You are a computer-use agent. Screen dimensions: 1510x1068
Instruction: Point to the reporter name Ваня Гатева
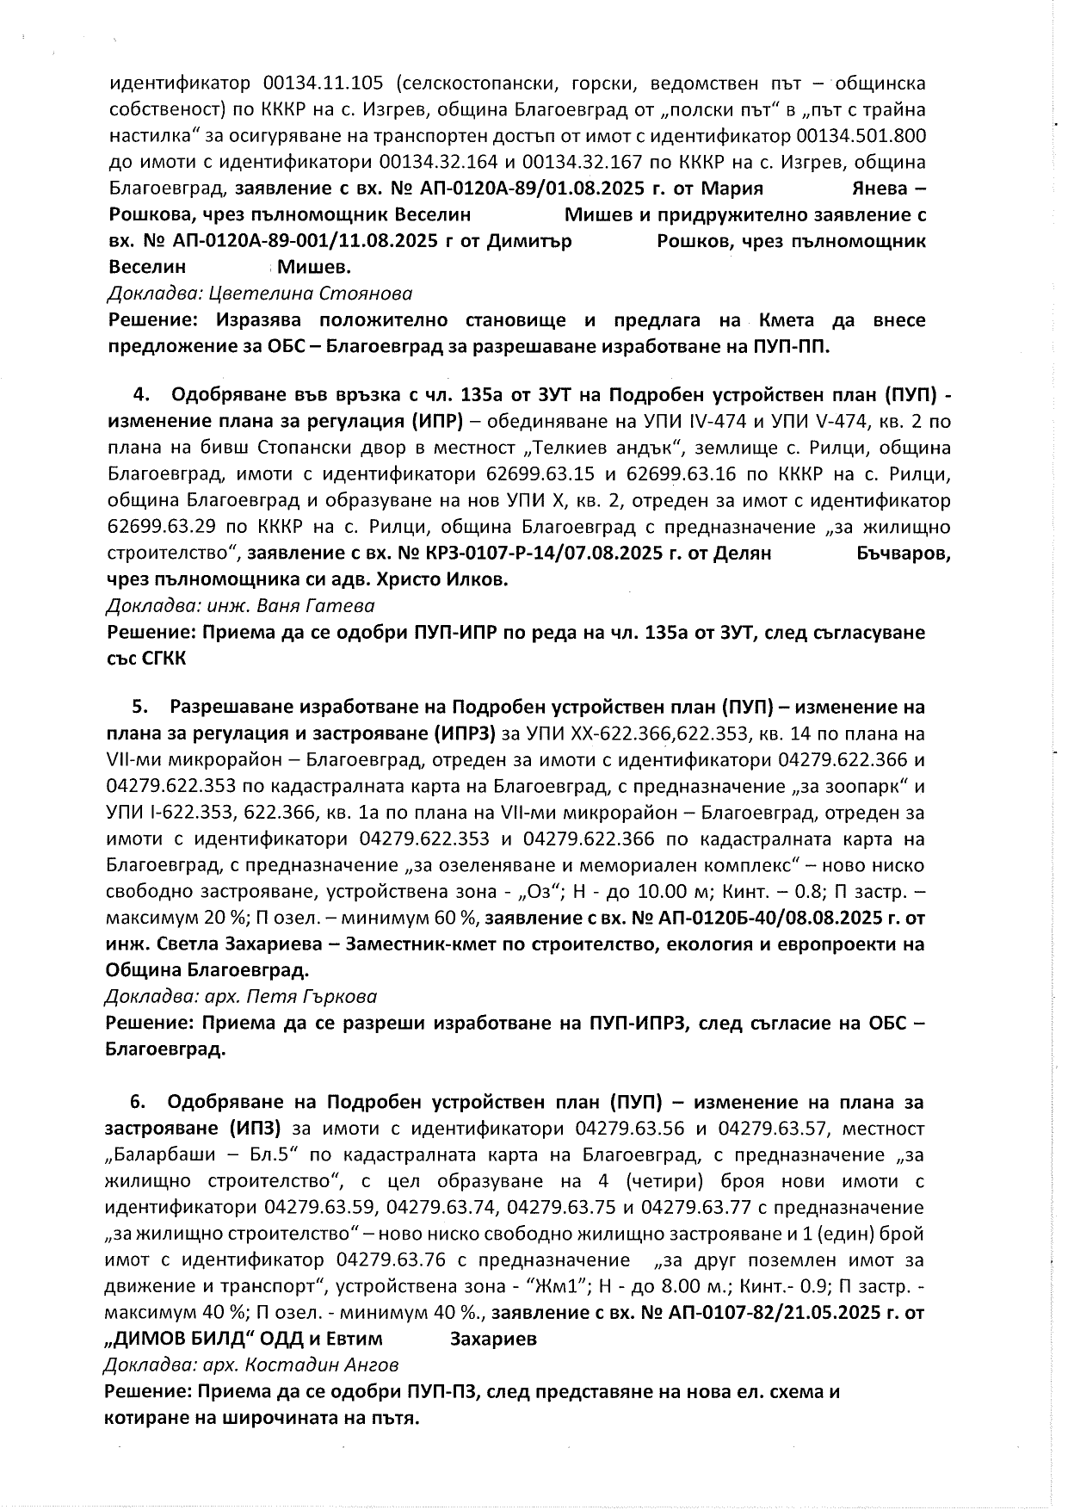[316, 605]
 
